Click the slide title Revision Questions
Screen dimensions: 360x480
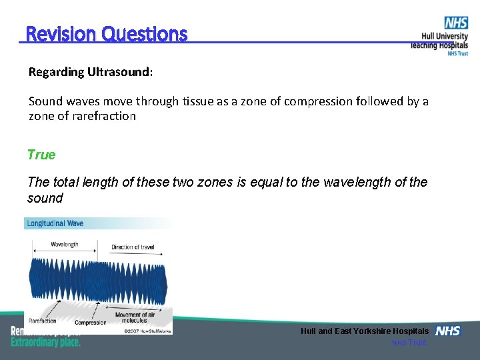(x=106, y=33)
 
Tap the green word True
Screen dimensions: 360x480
(x=41, y=155)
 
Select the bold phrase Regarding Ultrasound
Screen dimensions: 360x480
(x=90, y=71)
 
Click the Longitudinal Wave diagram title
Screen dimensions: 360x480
(x=55, y=223)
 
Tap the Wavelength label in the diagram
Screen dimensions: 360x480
(x=64, y=245)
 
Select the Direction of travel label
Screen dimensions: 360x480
(x=132, y=247)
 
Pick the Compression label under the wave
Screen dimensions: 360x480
(x=90, y=323)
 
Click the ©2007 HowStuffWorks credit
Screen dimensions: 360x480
(x=147, y=330)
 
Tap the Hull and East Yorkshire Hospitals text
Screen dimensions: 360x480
(x=364, y=331)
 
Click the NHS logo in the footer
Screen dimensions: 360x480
(x=447, y=331)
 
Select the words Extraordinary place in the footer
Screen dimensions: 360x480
(x=45, y=342)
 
